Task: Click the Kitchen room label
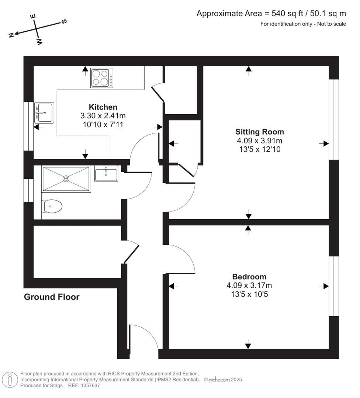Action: pos(103,107)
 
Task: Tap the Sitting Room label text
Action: pos(260,132)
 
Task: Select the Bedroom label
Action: pos(249,277)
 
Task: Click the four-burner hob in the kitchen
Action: pos(102,78)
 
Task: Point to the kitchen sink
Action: pos(44,113)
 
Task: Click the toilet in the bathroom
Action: pos(53,206)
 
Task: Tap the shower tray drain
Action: pos(66,179)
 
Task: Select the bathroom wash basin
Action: pos(106,174)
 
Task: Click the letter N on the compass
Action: pos(11,35)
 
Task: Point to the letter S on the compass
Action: pos(64,21)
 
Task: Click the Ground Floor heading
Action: pos(52,297)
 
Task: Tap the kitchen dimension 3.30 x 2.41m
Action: pos(103,116)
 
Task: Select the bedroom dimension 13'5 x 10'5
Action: pos(249,294)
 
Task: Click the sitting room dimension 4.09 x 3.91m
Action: pos(260,141)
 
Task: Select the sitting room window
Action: pos(333,120)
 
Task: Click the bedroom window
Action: pos(333,286)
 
